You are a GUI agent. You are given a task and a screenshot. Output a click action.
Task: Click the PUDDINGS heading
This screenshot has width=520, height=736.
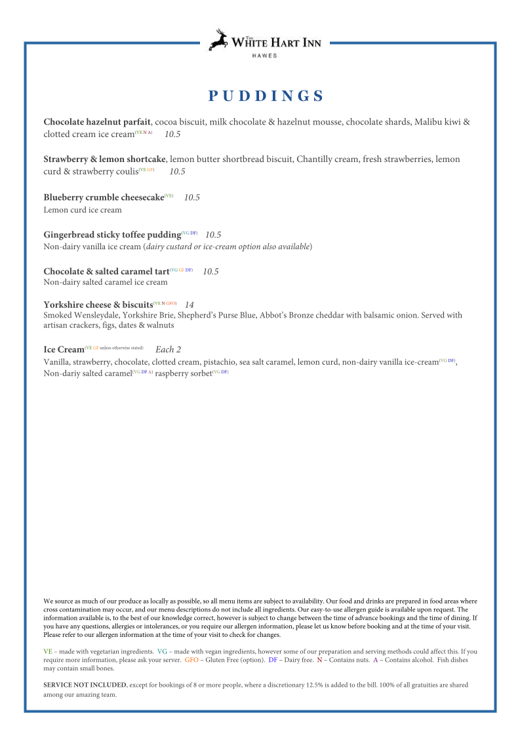266,96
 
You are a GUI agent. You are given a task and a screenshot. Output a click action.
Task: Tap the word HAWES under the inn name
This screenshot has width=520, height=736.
264,56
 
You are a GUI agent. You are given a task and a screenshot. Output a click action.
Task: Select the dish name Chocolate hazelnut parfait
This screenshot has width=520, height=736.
97,122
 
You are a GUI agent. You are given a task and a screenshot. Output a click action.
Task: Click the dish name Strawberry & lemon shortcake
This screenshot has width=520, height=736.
104,159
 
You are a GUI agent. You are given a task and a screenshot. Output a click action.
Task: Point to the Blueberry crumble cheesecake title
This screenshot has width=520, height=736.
103,197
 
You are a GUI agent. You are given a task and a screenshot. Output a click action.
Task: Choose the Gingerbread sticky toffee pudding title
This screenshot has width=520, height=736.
111,235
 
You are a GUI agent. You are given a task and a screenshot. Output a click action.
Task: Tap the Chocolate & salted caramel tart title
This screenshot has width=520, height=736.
106,272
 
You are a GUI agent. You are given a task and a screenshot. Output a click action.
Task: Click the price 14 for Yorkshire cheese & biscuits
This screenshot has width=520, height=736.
190,305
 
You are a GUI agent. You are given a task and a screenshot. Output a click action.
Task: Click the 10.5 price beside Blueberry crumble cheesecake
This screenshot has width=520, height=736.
192,197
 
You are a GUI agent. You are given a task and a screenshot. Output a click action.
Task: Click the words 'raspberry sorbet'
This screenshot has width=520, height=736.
183,374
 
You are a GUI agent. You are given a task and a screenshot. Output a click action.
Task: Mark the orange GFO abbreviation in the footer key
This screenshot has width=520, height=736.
191,660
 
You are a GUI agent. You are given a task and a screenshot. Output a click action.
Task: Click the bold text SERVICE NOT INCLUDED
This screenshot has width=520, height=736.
85,685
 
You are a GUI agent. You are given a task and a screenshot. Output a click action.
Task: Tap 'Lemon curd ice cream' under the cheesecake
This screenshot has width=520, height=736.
83,211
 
